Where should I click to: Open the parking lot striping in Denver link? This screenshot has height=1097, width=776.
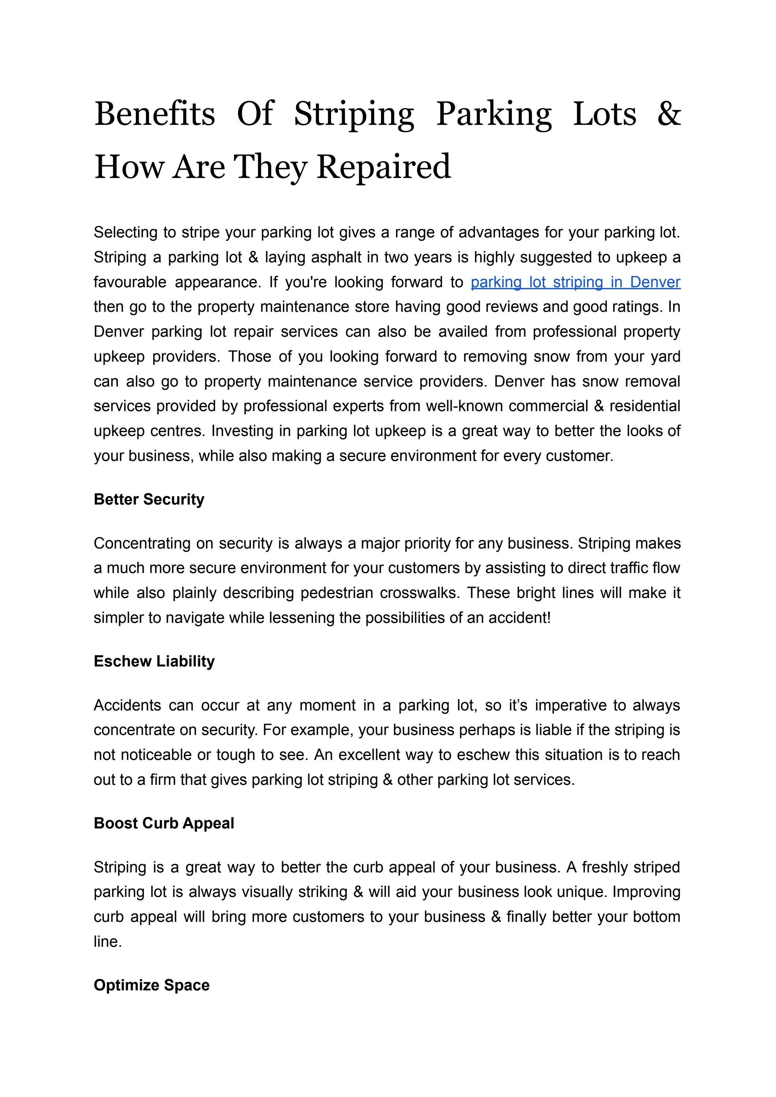tap(575, 282)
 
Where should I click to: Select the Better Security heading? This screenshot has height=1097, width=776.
tap(149, 499)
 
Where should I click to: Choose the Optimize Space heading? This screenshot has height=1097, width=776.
tap(152, 985)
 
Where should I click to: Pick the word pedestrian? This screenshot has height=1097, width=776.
tap(337, 593)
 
